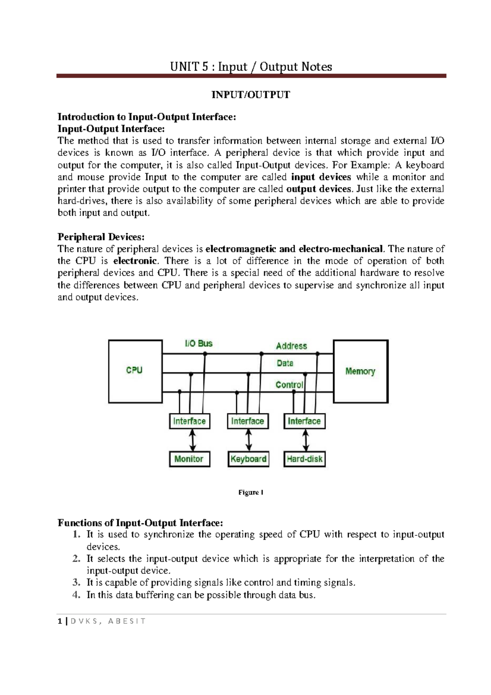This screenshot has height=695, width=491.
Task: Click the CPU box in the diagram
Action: [x=135, y=371]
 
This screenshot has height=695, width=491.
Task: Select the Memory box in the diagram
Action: [x=360, y=371]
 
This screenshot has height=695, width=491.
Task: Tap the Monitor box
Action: [x=189, y=459]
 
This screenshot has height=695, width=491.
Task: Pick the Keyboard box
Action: [x=248, y=459]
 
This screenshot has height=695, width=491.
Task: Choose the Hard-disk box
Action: [x=304, y=459]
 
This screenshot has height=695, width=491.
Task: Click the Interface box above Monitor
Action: [x=189, y=421]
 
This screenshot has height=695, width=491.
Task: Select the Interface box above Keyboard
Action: [x=248, y=421]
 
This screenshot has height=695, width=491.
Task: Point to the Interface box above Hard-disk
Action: [x=304, y=421]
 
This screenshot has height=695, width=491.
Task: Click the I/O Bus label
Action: [x=199, y=343]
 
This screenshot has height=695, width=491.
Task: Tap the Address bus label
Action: [x=291, y=346]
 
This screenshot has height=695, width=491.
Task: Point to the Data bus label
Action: [x=285, y=363]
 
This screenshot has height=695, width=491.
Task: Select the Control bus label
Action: [x=289, y=385]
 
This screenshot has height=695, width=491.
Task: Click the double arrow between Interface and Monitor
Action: [x=192, y=440]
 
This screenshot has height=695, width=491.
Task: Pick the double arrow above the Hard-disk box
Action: [x=305, y=440]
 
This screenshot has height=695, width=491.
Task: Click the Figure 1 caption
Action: [x=250, y=492]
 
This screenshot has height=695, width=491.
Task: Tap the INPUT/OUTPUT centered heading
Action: [x=250, y=95]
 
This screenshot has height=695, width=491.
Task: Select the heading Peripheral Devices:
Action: [x=101, y=237]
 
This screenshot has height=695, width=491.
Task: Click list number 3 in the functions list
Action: [x=77, y=582]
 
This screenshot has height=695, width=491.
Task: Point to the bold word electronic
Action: [x=135, y=261]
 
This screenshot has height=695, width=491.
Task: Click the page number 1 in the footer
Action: [x=60, y=621]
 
